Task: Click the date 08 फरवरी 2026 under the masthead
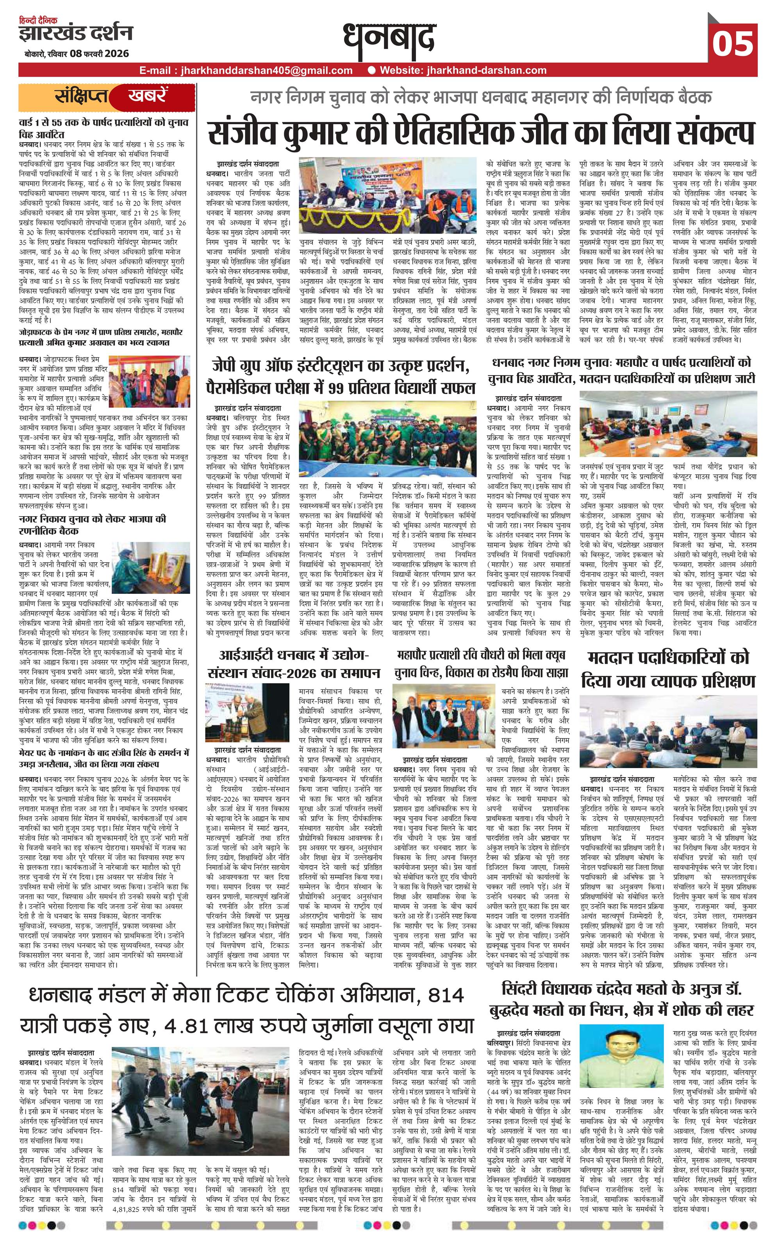(x=100, y=54)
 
